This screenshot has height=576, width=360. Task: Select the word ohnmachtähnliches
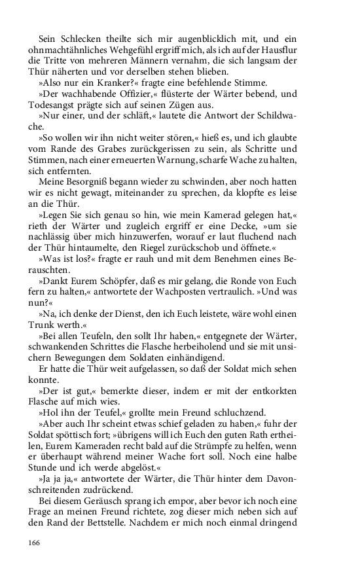(x=70, y=49)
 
